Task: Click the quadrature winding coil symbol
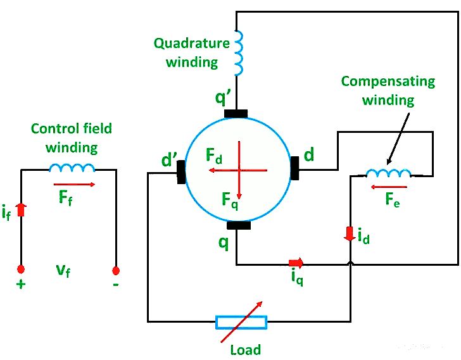click(239, 53)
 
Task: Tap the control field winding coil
click(72, 168)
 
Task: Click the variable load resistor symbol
click(241, 322)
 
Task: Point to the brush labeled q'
click(236, 114)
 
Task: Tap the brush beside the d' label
click(182, 171)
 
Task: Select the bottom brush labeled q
click(239, 226)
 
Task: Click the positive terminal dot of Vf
click(21, 270)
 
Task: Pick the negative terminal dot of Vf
click(116, 271)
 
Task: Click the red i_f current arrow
click(21, 209)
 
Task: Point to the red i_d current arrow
click(350, 233)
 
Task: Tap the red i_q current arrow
click(296, 262)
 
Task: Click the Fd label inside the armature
click(214, 154)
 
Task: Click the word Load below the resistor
click(245, 349)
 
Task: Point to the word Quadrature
click(191, 44)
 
